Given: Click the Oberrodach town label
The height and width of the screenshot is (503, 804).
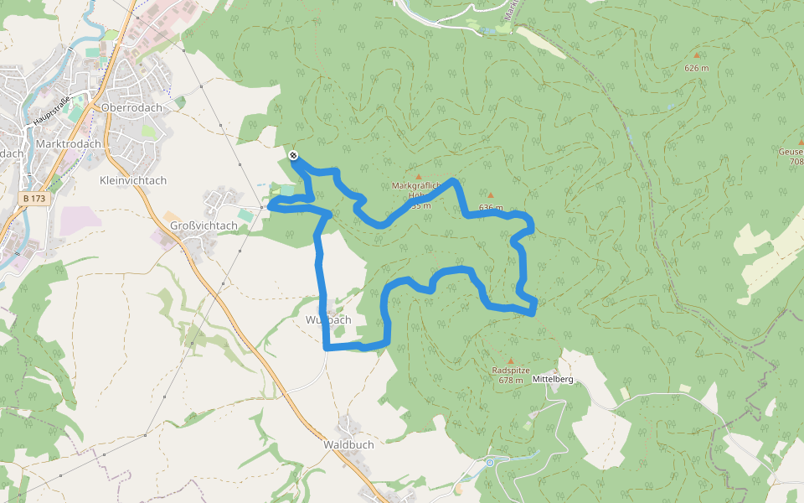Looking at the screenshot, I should pyautogui.click(x=130, y=108).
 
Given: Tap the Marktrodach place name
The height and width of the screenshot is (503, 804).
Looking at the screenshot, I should pyautogui.click(x=69, y=143).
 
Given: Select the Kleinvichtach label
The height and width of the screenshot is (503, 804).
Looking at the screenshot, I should pyautogui.click(x=133, y=180).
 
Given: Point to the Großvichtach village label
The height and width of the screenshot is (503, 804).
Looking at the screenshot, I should pyautogui.click(x=204, y=226).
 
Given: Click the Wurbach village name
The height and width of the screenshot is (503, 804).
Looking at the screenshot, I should pyautogui.click(x=328, y=320).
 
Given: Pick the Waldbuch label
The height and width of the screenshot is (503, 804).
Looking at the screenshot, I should pyautogui.click(x=348, y=444).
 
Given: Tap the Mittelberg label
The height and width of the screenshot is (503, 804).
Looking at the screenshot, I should pyautogui.click(x=553, y=380).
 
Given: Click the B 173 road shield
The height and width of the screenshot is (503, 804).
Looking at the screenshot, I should pyautogui.click(x=33, y=198).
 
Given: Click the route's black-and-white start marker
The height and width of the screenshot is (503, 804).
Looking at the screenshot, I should pyautogui.click(x=293, y=155).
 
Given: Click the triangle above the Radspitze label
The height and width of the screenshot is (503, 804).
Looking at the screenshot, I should pyautogui.click(x=511, y=361).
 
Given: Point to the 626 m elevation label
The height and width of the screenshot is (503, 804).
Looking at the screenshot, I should pyautogui.click(x=696, y=67).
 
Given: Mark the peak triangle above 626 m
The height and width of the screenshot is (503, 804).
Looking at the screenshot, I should pyautogui.click(x=696, y=56).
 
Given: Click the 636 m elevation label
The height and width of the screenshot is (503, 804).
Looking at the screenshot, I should pyautogui.click(x=491, y=207).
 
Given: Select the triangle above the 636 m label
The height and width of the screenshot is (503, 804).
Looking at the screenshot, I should pyautogui.click(x=491, y=195).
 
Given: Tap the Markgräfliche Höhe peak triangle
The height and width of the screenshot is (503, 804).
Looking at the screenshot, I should pyautogui.click(x=419, y=176).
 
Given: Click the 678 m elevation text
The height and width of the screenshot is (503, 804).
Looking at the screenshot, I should pyautogui.click(x=510, y=381).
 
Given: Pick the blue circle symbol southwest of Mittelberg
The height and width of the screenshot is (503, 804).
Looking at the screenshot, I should pyautogui.click(x=490, y=462).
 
